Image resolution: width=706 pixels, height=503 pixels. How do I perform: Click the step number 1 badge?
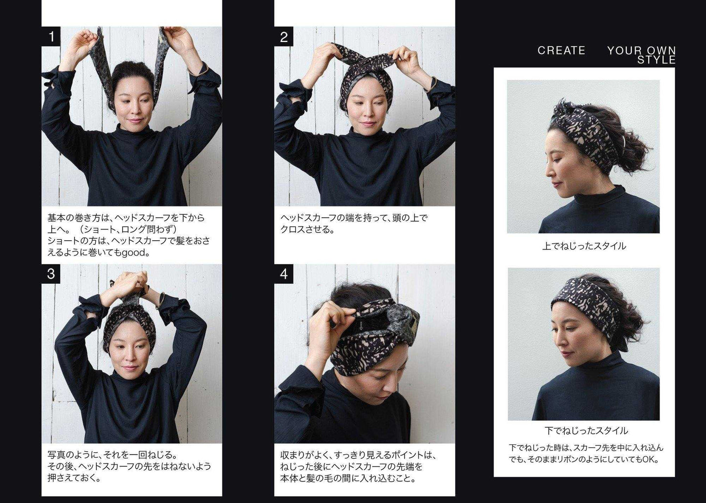(51, 37)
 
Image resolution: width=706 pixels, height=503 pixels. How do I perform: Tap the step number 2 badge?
(284, 37)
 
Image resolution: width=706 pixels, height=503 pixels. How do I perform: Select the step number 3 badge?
(51, 273)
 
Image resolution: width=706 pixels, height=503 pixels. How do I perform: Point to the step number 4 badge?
(284, 273)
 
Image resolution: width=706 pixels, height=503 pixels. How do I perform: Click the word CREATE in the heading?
(561, 50)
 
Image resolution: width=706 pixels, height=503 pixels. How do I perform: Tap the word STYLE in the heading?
(656, 60)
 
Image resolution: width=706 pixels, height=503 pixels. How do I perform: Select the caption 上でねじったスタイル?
(584, 246)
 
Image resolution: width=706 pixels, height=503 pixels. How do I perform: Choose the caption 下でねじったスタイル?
(586, 430)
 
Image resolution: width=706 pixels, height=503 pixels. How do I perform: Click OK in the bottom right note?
(649, 460)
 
